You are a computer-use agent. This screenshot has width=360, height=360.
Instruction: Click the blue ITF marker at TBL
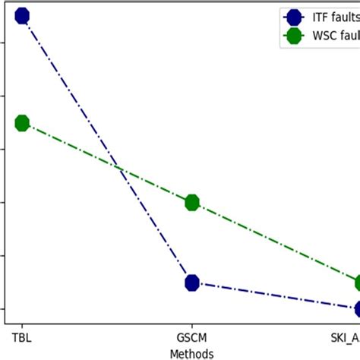(22, 16)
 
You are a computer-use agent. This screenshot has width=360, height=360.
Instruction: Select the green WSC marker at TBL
(22, 123)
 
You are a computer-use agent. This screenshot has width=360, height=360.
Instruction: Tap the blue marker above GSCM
(192, 283)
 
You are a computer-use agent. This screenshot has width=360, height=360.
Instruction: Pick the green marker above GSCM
(192, 202)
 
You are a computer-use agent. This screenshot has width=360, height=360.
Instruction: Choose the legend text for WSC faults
(333, 37)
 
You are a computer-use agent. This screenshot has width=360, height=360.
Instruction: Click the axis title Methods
(192, 353)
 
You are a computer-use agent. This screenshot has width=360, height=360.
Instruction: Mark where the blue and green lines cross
(119, 168)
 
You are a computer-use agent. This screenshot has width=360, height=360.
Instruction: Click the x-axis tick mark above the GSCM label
(192, 325)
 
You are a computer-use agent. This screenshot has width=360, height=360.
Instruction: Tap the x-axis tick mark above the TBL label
(22, 325)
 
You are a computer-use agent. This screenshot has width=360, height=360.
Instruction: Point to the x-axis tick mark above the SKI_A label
(358, 325)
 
